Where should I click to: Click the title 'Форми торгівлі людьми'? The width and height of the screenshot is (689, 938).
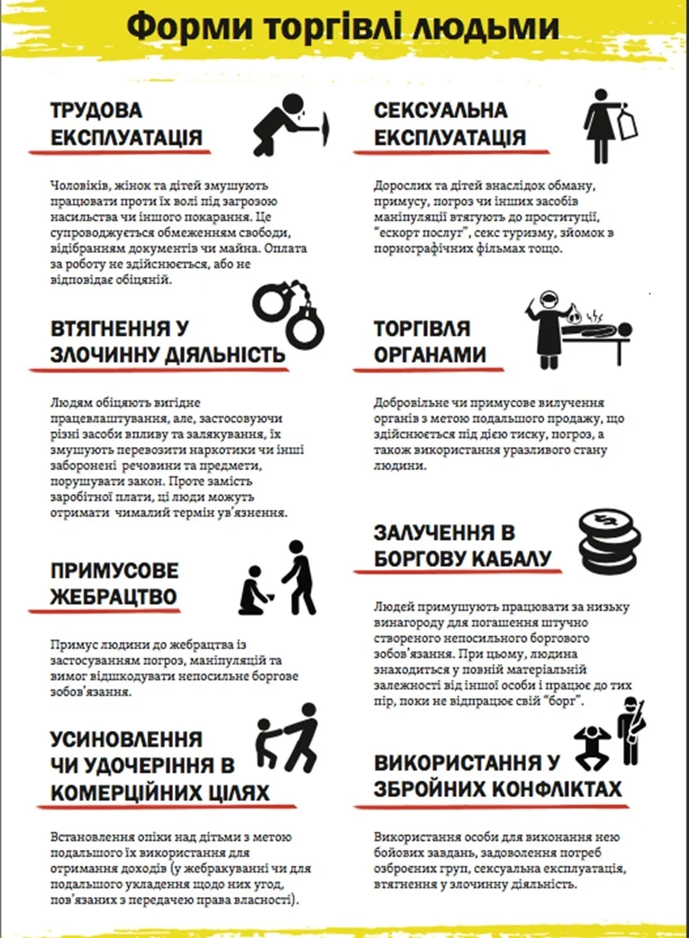point(343,27)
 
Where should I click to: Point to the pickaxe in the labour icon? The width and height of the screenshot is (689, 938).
point(326,126)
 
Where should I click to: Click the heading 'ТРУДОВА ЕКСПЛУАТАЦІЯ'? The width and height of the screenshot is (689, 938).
point(127,124)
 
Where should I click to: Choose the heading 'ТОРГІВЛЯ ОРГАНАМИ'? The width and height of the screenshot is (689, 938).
point(429,342)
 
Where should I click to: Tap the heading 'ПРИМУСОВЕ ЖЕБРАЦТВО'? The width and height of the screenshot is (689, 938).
point(114,583)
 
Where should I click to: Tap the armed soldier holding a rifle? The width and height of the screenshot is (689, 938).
point(630,732)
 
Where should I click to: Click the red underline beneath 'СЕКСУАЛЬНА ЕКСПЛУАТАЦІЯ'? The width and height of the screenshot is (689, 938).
point(440,150)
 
